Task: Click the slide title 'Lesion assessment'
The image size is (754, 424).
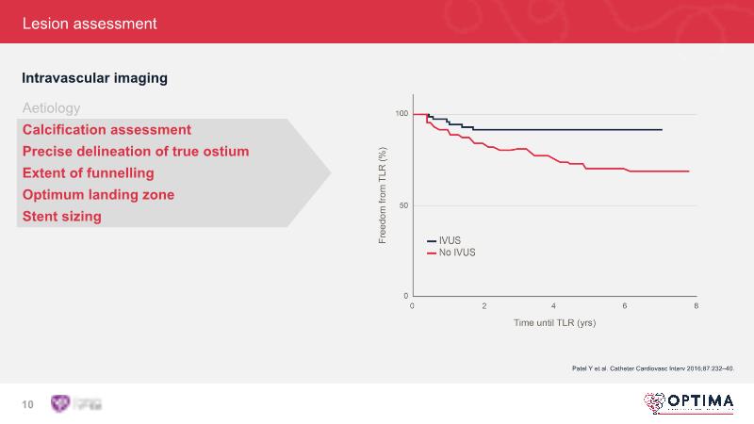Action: point(90,23)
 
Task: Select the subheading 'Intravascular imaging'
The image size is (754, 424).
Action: point(94,78)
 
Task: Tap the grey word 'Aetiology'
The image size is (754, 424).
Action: point(51,108)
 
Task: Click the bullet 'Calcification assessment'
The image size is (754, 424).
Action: point(107,130)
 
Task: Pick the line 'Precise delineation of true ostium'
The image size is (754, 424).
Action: point(136,152)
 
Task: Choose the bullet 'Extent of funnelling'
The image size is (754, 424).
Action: point(88,173)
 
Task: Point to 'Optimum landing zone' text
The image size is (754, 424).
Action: point(98,195)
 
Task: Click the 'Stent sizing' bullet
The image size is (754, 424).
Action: point(61,217)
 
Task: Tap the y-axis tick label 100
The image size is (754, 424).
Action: point(402,114)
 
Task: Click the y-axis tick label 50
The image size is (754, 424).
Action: point(403,204)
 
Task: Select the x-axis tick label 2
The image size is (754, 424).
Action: point(484,306)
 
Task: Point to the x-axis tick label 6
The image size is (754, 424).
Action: point(625,306)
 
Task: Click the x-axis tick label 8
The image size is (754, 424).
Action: point(696,306)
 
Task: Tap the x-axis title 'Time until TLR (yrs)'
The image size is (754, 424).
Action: point(554,322)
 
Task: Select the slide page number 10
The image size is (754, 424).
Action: point(27,404)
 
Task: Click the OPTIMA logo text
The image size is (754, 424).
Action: point(699,401)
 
